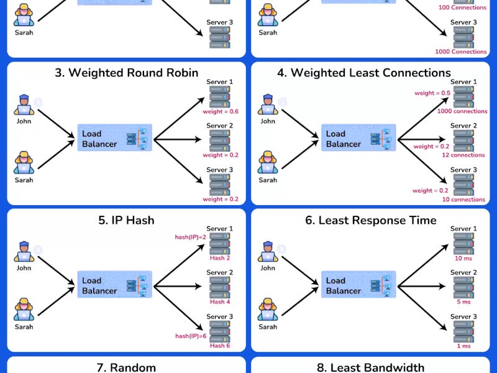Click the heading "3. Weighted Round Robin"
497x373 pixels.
[126, 73]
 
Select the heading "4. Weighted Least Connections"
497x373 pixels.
[370, 73]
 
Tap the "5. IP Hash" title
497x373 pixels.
[126, 220]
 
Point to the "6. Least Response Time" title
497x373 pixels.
[370, 220]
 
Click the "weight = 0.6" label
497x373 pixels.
[221, 112]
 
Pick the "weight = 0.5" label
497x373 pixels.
[432, 93]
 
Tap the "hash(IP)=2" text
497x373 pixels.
[190, 237]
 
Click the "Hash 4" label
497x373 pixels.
[220, 302]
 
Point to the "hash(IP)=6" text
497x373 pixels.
[190, 336]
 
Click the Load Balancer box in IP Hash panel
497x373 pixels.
[115, 285]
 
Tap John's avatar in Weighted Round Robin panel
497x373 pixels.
[24, 104]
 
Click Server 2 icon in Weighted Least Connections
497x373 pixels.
[463, 140]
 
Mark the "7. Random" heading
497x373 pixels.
[126, 367]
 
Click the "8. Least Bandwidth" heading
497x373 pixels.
[370, 367]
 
